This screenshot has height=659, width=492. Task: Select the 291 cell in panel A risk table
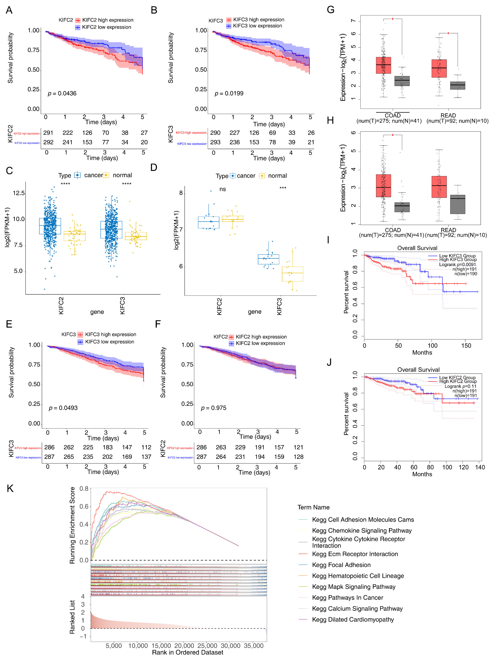48,133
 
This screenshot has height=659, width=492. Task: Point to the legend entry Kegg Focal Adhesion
341,565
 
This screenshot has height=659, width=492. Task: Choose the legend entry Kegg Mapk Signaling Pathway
354,587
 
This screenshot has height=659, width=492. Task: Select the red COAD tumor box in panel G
383,65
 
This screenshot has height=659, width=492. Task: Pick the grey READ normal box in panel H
457,204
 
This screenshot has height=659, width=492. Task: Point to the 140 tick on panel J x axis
480,467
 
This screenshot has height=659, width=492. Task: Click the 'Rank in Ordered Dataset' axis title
187,652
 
